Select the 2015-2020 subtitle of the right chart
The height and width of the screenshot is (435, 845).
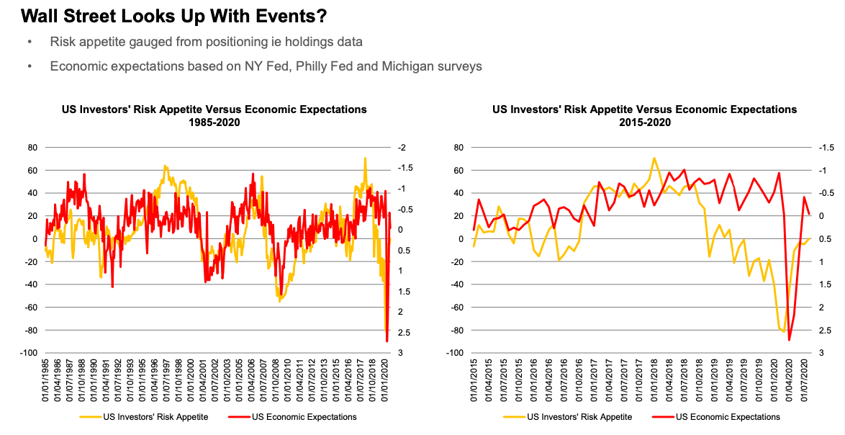coord(644,122)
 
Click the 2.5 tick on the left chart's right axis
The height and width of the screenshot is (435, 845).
coord(404,331)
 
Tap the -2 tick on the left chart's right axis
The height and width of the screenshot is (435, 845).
coord(402,148)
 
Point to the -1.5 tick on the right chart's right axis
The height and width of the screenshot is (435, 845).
coord(828,148)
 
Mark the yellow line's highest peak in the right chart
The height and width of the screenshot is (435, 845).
coord(654,158)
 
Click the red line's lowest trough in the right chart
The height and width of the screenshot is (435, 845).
coord(789,340)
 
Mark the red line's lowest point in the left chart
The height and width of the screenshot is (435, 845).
coord(387,341)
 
